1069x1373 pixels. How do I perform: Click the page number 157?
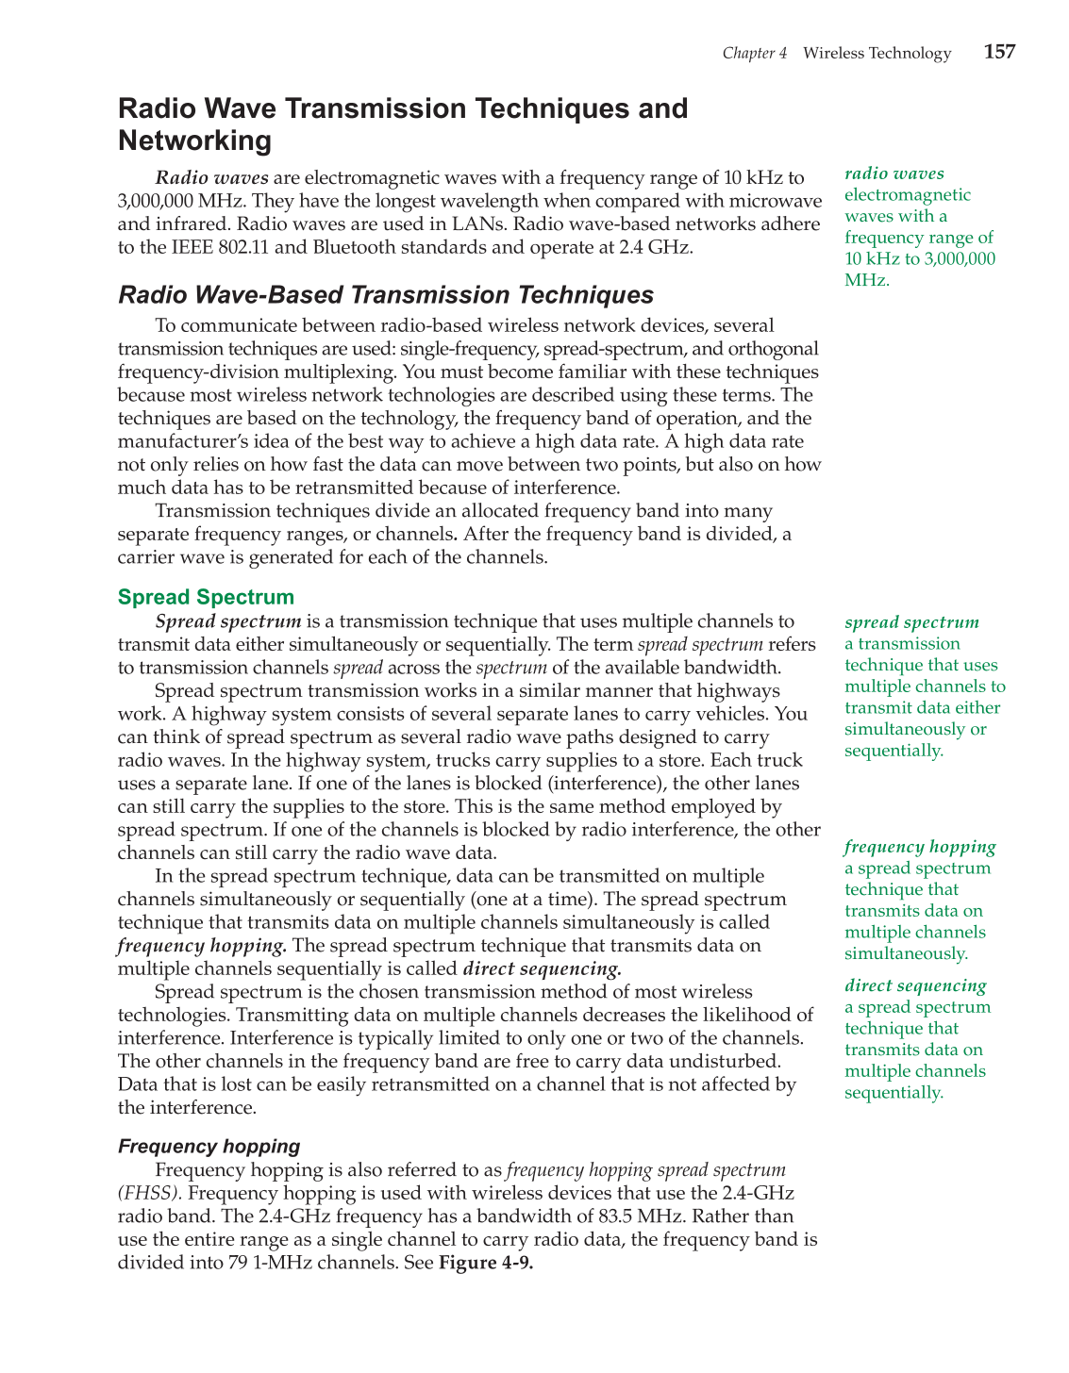coord(999,52)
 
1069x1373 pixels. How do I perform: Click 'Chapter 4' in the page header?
coord(754,54)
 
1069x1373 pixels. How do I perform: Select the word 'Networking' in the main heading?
coord(194,141)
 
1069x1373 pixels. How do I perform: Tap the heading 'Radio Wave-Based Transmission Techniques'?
coord(385,295)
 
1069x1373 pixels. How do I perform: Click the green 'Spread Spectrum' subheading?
coord(206,597)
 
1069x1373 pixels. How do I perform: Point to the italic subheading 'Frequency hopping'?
coord(209,1147)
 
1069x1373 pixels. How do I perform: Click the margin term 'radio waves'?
coord(894,174)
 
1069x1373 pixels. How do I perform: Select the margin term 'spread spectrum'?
coord(911,622)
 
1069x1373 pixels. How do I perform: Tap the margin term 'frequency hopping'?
coord(920,847)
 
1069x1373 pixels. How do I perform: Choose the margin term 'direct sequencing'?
coord(915,985)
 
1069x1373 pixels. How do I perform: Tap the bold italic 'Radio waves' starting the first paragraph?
coord(211,177)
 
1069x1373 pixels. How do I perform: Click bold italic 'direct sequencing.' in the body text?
coord(542,968)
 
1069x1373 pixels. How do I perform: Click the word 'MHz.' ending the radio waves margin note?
coord(866,280)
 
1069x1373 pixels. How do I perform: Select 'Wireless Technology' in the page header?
coord(877,54)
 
